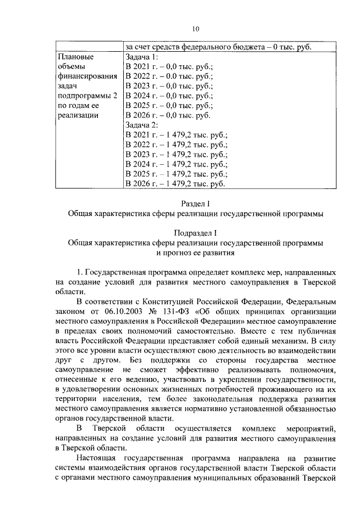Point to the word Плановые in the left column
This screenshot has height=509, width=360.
76,57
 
